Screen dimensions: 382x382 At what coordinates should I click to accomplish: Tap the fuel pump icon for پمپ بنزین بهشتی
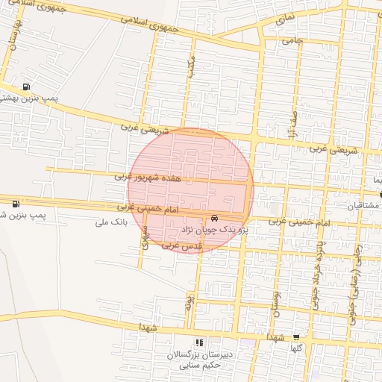point(28,87)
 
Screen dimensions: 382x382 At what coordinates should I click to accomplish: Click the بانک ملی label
point(113,222)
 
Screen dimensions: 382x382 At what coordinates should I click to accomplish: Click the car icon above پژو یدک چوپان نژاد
point(215,219)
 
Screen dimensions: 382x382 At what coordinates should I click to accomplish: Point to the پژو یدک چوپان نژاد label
point(216,231)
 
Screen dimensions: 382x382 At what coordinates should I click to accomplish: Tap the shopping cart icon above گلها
point(296,337)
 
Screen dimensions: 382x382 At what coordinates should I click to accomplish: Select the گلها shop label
point(296,348)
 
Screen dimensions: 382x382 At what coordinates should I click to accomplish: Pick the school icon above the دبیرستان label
point(198,342)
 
